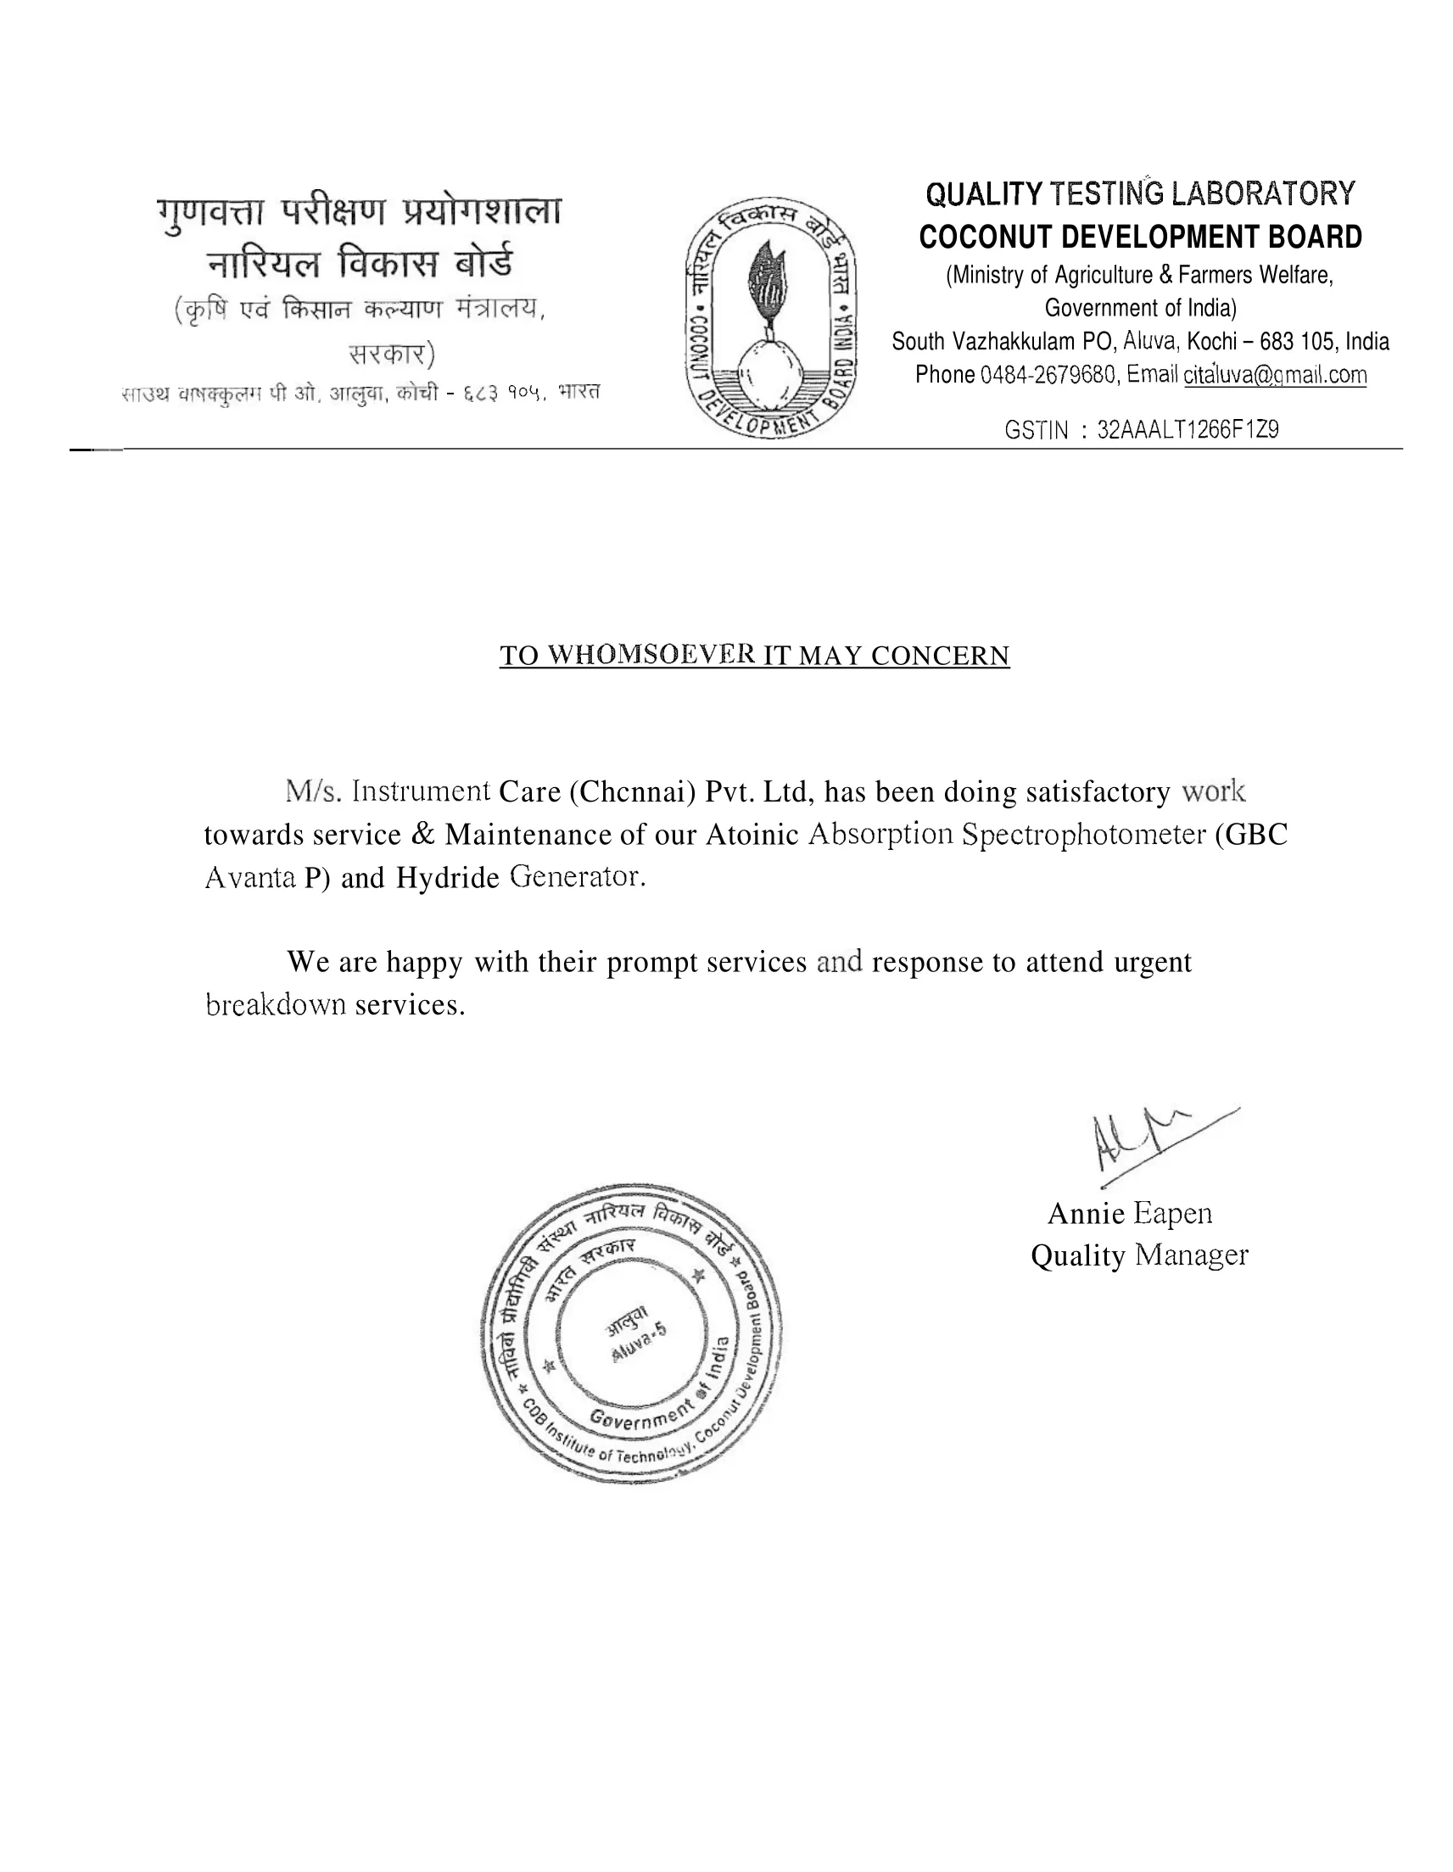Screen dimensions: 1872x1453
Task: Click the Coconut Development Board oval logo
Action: tap(770, 319)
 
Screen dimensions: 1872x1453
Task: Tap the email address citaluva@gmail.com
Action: tap(1275, 376)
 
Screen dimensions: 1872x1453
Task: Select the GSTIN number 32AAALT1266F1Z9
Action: tap(1188, 429)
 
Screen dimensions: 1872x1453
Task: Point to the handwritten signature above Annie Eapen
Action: tap(1148, 1139)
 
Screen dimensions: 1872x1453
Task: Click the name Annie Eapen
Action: tap(1129, 1214)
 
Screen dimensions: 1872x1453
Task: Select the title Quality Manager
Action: tap(1138, 1255)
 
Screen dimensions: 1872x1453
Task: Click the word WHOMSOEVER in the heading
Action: tap(651, 656)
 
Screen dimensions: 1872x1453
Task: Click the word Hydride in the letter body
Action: tap(447, 878)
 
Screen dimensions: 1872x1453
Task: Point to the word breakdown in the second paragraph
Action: tap(276, 1004)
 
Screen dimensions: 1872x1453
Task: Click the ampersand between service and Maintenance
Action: tap(422, 834)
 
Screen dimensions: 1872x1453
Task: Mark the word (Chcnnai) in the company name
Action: tap(631, 791)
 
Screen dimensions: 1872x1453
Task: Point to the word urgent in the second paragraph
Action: tap(1152, 962)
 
